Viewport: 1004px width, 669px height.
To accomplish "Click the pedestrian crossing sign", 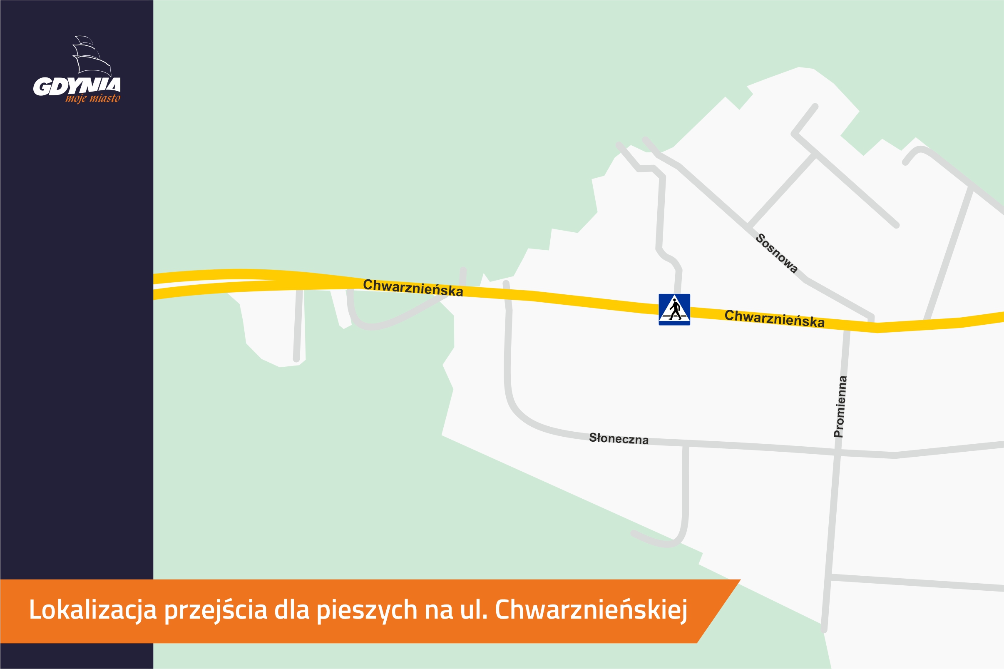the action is (x=674, y=309).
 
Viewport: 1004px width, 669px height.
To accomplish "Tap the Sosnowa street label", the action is (x=776, y=253).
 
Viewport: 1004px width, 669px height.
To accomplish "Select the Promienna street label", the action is (x=840, y=406).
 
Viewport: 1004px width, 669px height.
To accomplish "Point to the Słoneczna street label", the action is (x=619, y=438).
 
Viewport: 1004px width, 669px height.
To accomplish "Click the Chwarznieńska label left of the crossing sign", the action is (x=413, y=288).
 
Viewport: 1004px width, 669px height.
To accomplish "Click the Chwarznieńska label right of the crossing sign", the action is (x=774, y=318).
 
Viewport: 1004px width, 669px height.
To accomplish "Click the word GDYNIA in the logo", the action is (x=77, y=86).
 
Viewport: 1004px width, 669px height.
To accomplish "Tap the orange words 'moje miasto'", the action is (x=92, y=99).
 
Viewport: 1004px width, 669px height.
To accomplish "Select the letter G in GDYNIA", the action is (x=42, y=87).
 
